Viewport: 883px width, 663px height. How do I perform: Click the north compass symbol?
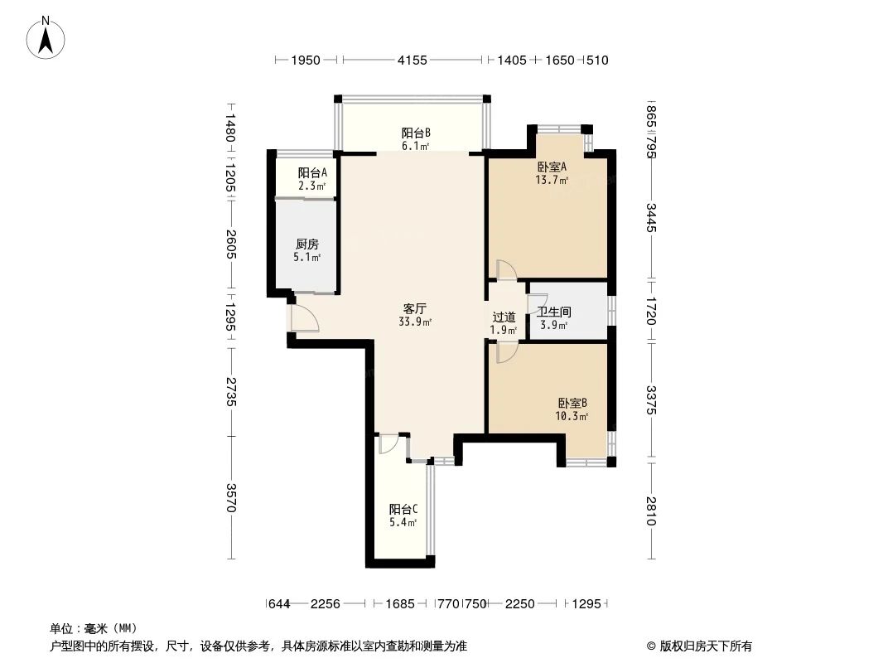(47, 37)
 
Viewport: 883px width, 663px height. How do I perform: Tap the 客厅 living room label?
(415, 308)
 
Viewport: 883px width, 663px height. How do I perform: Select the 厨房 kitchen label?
(306, 244)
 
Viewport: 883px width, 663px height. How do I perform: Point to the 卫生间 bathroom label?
(553, 312)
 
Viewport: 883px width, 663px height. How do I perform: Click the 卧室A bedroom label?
(552, 167)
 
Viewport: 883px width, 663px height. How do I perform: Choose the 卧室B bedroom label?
(572, 403)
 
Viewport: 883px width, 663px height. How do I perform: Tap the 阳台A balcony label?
(312, 172)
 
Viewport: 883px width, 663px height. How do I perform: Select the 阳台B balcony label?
(416, 133)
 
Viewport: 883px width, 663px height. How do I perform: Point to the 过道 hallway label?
(504, 317)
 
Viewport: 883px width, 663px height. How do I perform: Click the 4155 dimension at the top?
(412, 60)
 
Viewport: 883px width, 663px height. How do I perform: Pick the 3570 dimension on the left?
(231, 497)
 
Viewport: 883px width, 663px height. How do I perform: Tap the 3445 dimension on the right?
(652, 217)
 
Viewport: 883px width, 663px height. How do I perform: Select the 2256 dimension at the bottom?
(326, 604)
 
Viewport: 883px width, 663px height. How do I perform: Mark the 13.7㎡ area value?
(552, 180)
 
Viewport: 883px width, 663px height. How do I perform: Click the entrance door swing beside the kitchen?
(303, 318)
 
